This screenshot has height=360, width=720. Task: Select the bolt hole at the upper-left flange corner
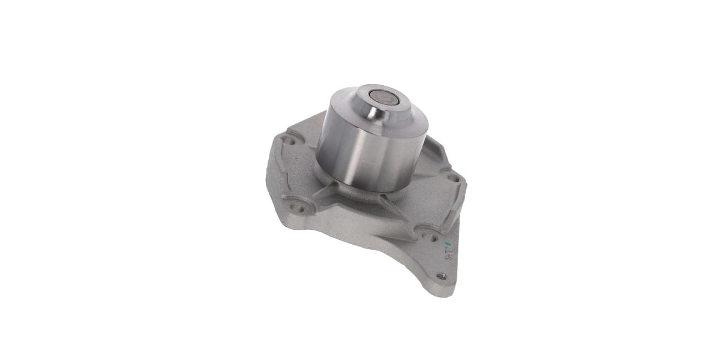[x=289, y=142]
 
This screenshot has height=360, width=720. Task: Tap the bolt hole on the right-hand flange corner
[x=454, y=178]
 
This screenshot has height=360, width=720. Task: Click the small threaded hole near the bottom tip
[x=442, y=276]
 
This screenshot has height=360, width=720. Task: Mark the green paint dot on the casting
[x=447, y=244]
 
